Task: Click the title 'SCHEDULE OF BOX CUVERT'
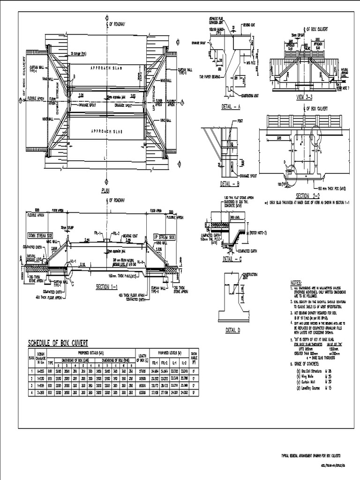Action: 58,343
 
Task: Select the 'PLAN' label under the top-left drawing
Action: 105,190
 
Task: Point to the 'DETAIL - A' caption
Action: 231,107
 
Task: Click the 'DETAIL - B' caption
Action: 230,184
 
